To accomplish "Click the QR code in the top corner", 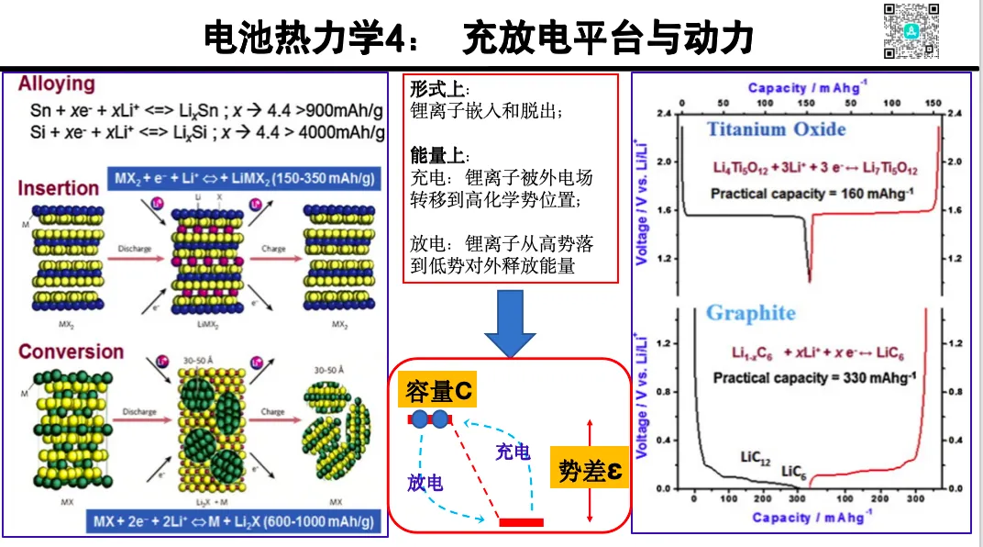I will point(912,31).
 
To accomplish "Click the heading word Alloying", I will point(57,84).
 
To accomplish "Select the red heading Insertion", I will point(58,188).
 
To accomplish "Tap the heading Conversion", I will point(71,352).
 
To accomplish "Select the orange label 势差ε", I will point(591,471).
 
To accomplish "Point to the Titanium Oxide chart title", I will point(776,128).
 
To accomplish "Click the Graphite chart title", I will point(750,313).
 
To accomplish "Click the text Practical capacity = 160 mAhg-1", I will point(795,193).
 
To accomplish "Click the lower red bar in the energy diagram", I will point(521,522).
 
